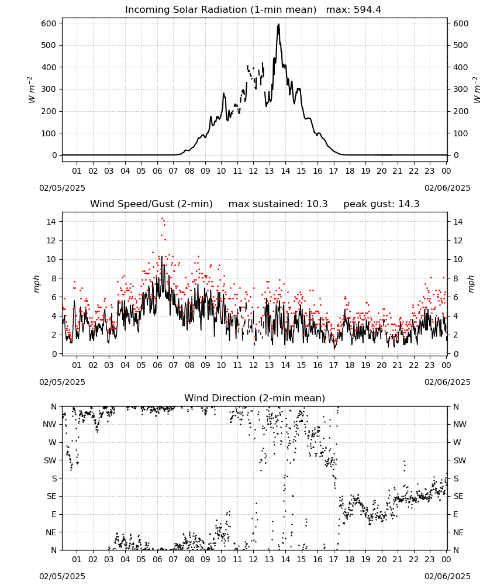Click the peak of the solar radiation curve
click(x=278, y=25)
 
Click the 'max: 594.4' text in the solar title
click(x=354, y=10)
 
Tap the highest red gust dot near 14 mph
click(x=162, y=219)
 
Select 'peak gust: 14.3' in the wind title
click(x=381, y=204)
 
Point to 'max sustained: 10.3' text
click(x=278, y=204)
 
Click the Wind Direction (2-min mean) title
click(x=255, y=398)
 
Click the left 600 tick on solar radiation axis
click(x=49, y=23)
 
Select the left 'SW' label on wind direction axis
click(x=50, y=460)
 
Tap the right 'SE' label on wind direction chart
click(x=458, y=496)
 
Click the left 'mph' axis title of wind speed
click(x=36, y=284)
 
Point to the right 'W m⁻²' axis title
click(x=477, y=90)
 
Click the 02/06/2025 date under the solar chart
click(x=447, y=188)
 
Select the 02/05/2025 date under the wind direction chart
click(x=62, y=576)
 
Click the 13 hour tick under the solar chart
click(x=269, y=171)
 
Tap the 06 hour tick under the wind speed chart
click(x=157, y=365)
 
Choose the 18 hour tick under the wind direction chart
click(x=350, y=559)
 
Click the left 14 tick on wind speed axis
click(x=51, y=222)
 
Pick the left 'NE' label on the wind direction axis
click(x=51, y=532)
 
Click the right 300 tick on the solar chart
click(x=461, y=89)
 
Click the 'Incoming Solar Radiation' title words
click(x=186, y=10)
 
